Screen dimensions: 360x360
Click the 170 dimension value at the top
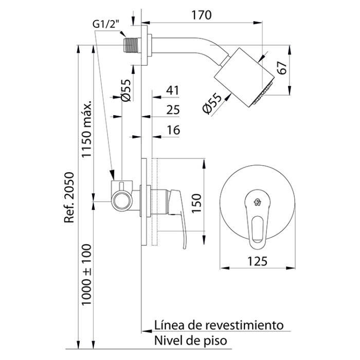(x=202, y=15)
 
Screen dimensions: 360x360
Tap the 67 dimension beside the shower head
(x=281, y=68)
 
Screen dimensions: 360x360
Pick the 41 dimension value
(x=173, y=91)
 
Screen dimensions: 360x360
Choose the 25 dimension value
(x=173, y=110)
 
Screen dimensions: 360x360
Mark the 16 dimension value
(x=173, y=130)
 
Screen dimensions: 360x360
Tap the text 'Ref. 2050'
(x=69, y=198)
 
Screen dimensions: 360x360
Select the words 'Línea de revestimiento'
(x=219, y=325)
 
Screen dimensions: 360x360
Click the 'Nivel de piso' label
(x=187, y=340)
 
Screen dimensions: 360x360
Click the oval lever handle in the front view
(x=257, y=226)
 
